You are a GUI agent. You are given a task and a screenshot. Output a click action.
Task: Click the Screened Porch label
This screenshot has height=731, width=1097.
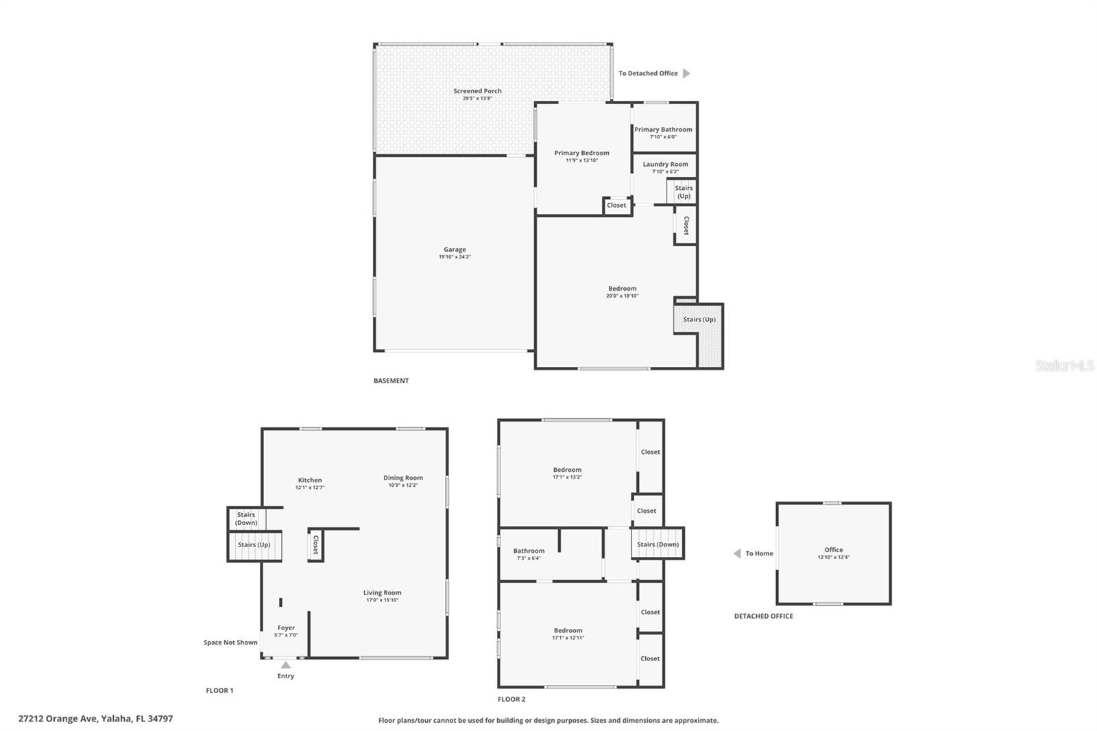(477, 91)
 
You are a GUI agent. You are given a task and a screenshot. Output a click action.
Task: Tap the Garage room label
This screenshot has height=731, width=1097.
(455, 250)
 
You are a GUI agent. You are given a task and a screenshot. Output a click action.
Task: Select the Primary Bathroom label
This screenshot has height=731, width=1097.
(663, 130)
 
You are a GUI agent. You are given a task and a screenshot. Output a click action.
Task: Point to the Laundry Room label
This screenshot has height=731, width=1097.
(665, 164)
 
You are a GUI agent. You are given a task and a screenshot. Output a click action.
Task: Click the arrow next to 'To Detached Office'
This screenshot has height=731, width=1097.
(686, 73)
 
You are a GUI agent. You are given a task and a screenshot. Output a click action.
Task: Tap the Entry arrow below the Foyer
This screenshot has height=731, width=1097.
(285, 665)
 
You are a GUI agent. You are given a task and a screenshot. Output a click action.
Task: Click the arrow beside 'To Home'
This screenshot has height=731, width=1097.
(737, 553)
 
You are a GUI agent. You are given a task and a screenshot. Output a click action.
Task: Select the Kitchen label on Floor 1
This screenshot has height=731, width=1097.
(310, 480)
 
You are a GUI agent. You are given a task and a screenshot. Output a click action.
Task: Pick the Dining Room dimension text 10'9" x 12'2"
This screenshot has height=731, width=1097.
(403, 485)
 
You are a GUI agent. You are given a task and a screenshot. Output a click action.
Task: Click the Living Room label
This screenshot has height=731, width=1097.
(382, 593)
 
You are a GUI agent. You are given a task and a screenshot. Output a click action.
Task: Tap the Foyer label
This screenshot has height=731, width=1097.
(286, 627)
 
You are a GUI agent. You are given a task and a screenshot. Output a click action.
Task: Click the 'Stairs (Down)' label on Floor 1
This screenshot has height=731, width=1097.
(246, 518)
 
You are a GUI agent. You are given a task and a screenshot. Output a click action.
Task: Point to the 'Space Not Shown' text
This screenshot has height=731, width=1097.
(230, 643)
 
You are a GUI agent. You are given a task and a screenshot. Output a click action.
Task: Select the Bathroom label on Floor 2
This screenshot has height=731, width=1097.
(529, 551)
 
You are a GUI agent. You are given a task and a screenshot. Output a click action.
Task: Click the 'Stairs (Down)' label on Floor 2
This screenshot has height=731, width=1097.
(658, 544)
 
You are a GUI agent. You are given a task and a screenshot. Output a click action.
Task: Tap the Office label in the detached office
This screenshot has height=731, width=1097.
(834, 550)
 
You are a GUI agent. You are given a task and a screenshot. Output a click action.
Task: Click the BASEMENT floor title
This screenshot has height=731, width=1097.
(391, 380)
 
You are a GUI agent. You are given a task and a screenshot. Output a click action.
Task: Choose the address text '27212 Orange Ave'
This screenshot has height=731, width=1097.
(58, 719)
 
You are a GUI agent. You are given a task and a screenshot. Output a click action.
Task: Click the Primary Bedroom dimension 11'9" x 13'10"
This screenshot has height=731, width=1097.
(582, 160)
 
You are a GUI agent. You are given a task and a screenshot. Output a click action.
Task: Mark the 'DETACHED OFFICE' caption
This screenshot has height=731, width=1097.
(764, 616)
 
